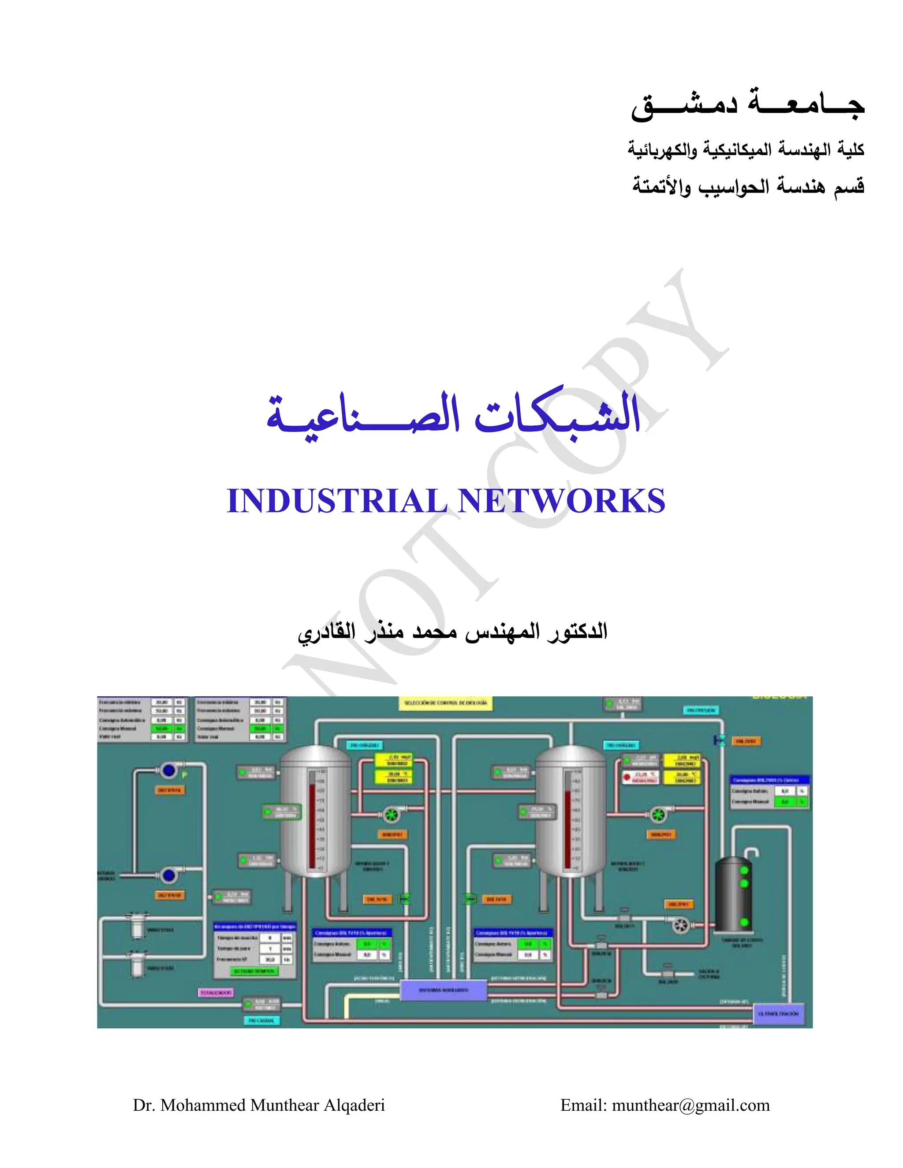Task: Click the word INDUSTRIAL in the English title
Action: (336, 501)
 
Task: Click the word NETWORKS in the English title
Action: (562, 501)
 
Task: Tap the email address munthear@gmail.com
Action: (690, 1105)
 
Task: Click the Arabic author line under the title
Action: (452, 632)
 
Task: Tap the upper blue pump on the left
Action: (169, 770)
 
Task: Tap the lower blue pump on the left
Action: (169, 875)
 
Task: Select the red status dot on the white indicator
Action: (627, 777)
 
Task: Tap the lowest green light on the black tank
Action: (744, 922)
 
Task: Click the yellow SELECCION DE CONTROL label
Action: (446, 703)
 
